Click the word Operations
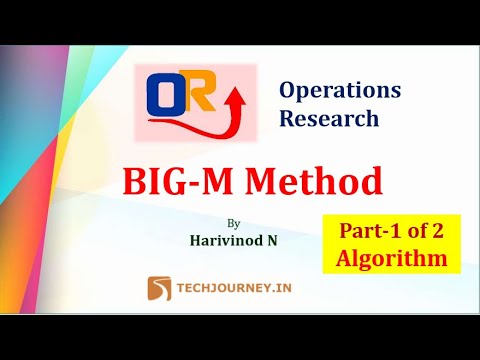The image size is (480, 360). coord(340,90)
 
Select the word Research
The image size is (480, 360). coord(329,118)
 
